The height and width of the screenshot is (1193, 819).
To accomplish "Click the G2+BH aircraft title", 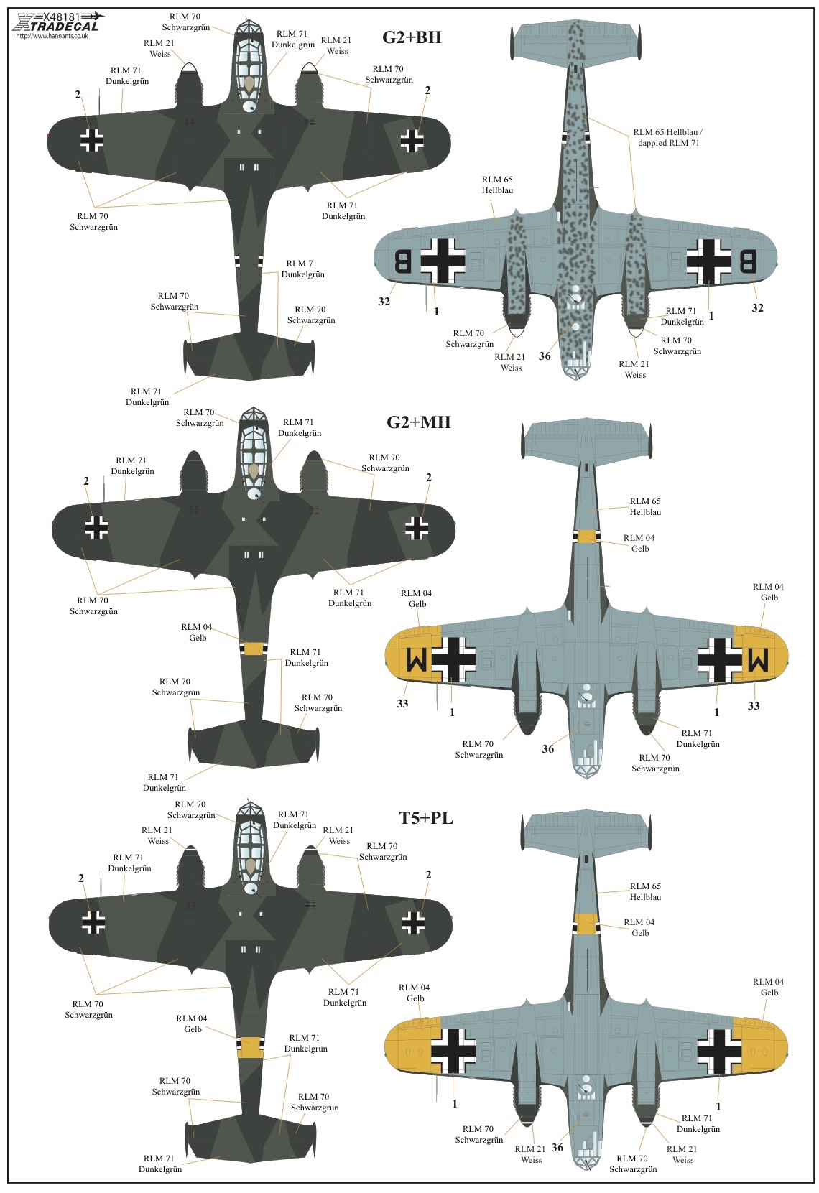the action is tap(412, 37).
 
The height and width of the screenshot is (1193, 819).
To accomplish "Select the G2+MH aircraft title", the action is tap(418, 422).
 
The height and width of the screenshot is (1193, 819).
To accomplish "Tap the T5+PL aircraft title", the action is tap(426, 817).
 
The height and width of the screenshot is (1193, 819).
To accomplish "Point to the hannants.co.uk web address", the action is tap(52, 36).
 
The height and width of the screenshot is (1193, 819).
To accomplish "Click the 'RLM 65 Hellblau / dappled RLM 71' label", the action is tap(668, 137).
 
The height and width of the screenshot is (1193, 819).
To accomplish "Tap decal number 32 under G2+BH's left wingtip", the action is tap(384, 302).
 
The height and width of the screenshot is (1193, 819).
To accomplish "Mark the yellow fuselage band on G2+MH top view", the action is tap(254, 648).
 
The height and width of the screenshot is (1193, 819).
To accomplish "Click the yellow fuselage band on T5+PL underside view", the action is tap(586, 924).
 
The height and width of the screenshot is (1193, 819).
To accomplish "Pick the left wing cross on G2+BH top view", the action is tap(92, 139).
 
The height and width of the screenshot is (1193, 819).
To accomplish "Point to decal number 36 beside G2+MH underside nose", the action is tap(547, 749).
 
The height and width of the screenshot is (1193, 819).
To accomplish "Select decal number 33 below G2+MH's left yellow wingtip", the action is tap(402, 704).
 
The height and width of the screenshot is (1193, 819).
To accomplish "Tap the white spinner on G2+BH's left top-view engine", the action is tap(188, 67).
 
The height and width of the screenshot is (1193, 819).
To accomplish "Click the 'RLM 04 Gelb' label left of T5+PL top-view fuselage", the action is tap(192, 1023).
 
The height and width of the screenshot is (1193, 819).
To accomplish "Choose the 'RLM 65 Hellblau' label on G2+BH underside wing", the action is tap(497, 185).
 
